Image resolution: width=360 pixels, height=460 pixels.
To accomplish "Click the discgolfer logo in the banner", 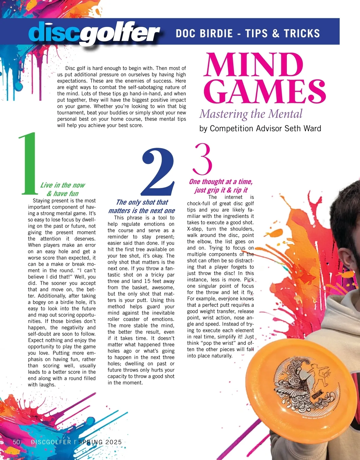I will click(x=94, y=33).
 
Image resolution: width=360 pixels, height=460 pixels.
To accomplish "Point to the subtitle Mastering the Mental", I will click(x=251, y=114).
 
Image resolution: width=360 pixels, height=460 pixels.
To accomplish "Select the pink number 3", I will click(x=203, y=159).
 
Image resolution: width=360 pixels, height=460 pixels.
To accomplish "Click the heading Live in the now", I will click(x=62, y=185).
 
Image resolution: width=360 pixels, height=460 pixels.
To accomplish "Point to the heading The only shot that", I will click(x=142, y=202).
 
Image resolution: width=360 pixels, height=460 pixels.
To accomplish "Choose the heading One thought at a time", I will click(x=221, y=182).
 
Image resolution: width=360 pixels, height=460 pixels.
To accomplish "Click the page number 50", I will click(x=16, y=442).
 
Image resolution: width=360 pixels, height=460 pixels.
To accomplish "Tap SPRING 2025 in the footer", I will click(x=100, y=442).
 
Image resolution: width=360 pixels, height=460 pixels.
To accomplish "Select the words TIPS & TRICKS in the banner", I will click(x=283, y=33).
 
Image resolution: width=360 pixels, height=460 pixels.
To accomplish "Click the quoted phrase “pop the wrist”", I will click(x=216, y=343).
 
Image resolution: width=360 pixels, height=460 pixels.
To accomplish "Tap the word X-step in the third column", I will click(x=195, y=229).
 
